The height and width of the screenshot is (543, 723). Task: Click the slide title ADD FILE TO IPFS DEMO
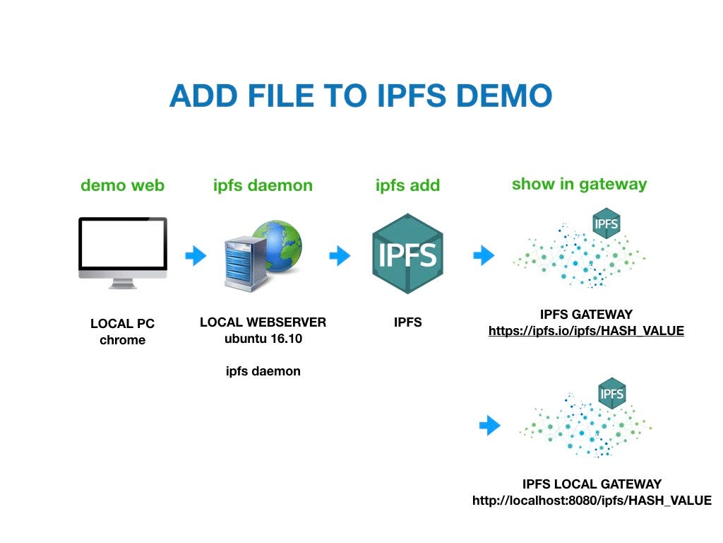tap(360, 95)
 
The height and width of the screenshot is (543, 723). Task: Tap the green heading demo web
tap(122, 185)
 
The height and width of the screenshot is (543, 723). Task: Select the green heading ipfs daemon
tap(263, 185)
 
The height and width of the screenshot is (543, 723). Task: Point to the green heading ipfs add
tap(407, 185)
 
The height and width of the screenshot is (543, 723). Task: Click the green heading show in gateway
tap(579, 184)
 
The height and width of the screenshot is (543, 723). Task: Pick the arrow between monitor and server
tap(196, 255)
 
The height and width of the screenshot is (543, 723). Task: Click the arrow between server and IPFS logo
tap(340, 255)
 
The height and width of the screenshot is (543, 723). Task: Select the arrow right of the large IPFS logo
tap(484, 255)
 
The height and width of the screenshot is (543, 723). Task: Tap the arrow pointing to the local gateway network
tap(489, 426)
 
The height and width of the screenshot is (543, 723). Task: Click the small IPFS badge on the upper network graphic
tap(607, 224)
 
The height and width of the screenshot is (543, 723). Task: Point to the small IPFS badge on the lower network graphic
tap(611, 393)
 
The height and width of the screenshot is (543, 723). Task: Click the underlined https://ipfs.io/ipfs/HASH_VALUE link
tap(586, 330)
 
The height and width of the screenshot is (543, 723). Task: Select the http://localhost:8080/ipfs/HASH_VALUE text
tap(592, 501)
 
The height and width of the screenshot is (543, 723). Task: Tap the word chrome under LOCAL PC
tap(122, 340)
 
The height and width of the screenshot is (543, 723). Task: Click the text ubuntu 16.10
tap(263, 339)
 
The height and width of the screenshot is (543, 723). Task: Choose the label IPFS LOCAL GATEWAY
tap(592, 484)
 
